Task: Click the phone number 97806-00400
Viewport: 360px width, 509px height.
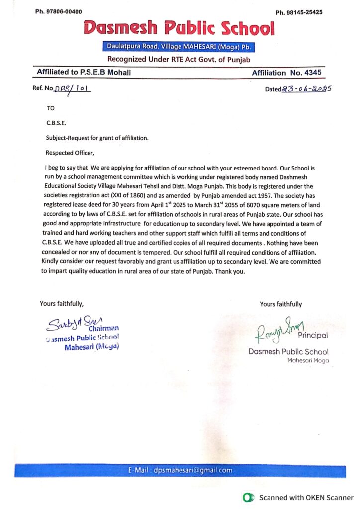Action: click(65, 11)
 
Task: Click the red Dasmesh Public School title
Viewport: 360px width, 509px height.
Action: click(179, 29)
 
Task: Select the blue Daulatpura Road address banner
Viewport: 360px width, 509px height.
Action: click(180, 47)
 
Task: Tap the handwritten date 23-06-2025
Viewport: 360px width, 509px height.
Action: click(306, 89)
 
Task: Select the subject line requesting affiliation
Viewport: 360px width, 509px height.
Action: click(97, 138)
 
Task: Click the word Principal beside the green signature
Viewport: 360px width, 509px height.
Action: click(313, 336)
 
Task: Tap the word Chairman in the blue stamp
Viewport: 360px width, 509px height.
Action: click(104, 328)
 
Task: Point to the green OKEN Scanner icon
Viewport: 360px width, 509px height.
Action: click(247, 497)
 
